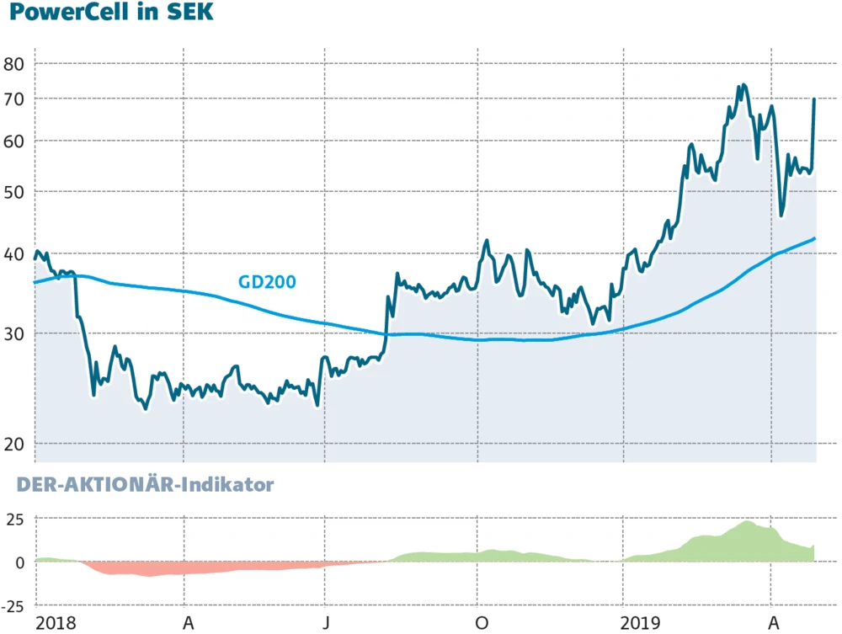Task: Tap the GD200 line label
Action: (x=267, y=282)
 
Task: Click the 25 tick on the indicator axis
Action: (x=16, y=519)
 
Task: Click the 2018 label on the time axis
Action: (x=56, y=622)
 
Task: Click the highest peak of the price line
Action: (x=742, y=85)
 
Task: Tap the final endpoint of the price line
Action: (x=814, y=99)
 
